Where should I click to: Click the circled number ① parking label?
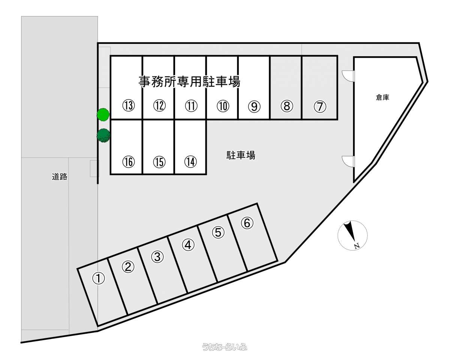[99, 278]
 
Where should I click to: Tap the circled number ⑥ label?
[247, 223]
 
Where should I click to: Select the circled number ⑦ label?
[319, 107]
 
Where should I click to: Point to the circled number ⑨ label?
[254, 107]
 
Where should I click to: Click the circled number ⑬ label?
[128, 106]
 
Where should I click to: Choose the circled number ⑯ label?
[128, 162]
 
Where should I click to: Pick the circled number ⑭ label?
[191, 162]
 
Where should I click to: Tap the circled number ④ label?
[188, 245]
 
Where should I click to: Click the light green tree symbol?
[103, 114]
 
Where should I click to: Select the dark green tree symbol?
[103, 135]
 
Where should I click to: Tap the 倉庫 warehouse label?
[382, 97]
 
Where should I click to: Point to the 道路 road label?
[60, 177]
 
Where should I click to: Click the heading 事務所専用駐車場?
[189, 81]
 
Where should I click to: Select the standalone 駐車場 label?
[241, 155]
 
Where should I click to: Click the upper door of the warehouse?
[348, 76]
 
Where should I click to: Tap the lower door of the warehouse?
[348, 161]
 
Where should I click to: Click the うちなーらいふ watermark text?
[224, 347]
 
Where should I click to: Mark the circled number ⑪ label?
[191, 106]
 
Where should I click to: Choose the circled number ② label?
[128, 267]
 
